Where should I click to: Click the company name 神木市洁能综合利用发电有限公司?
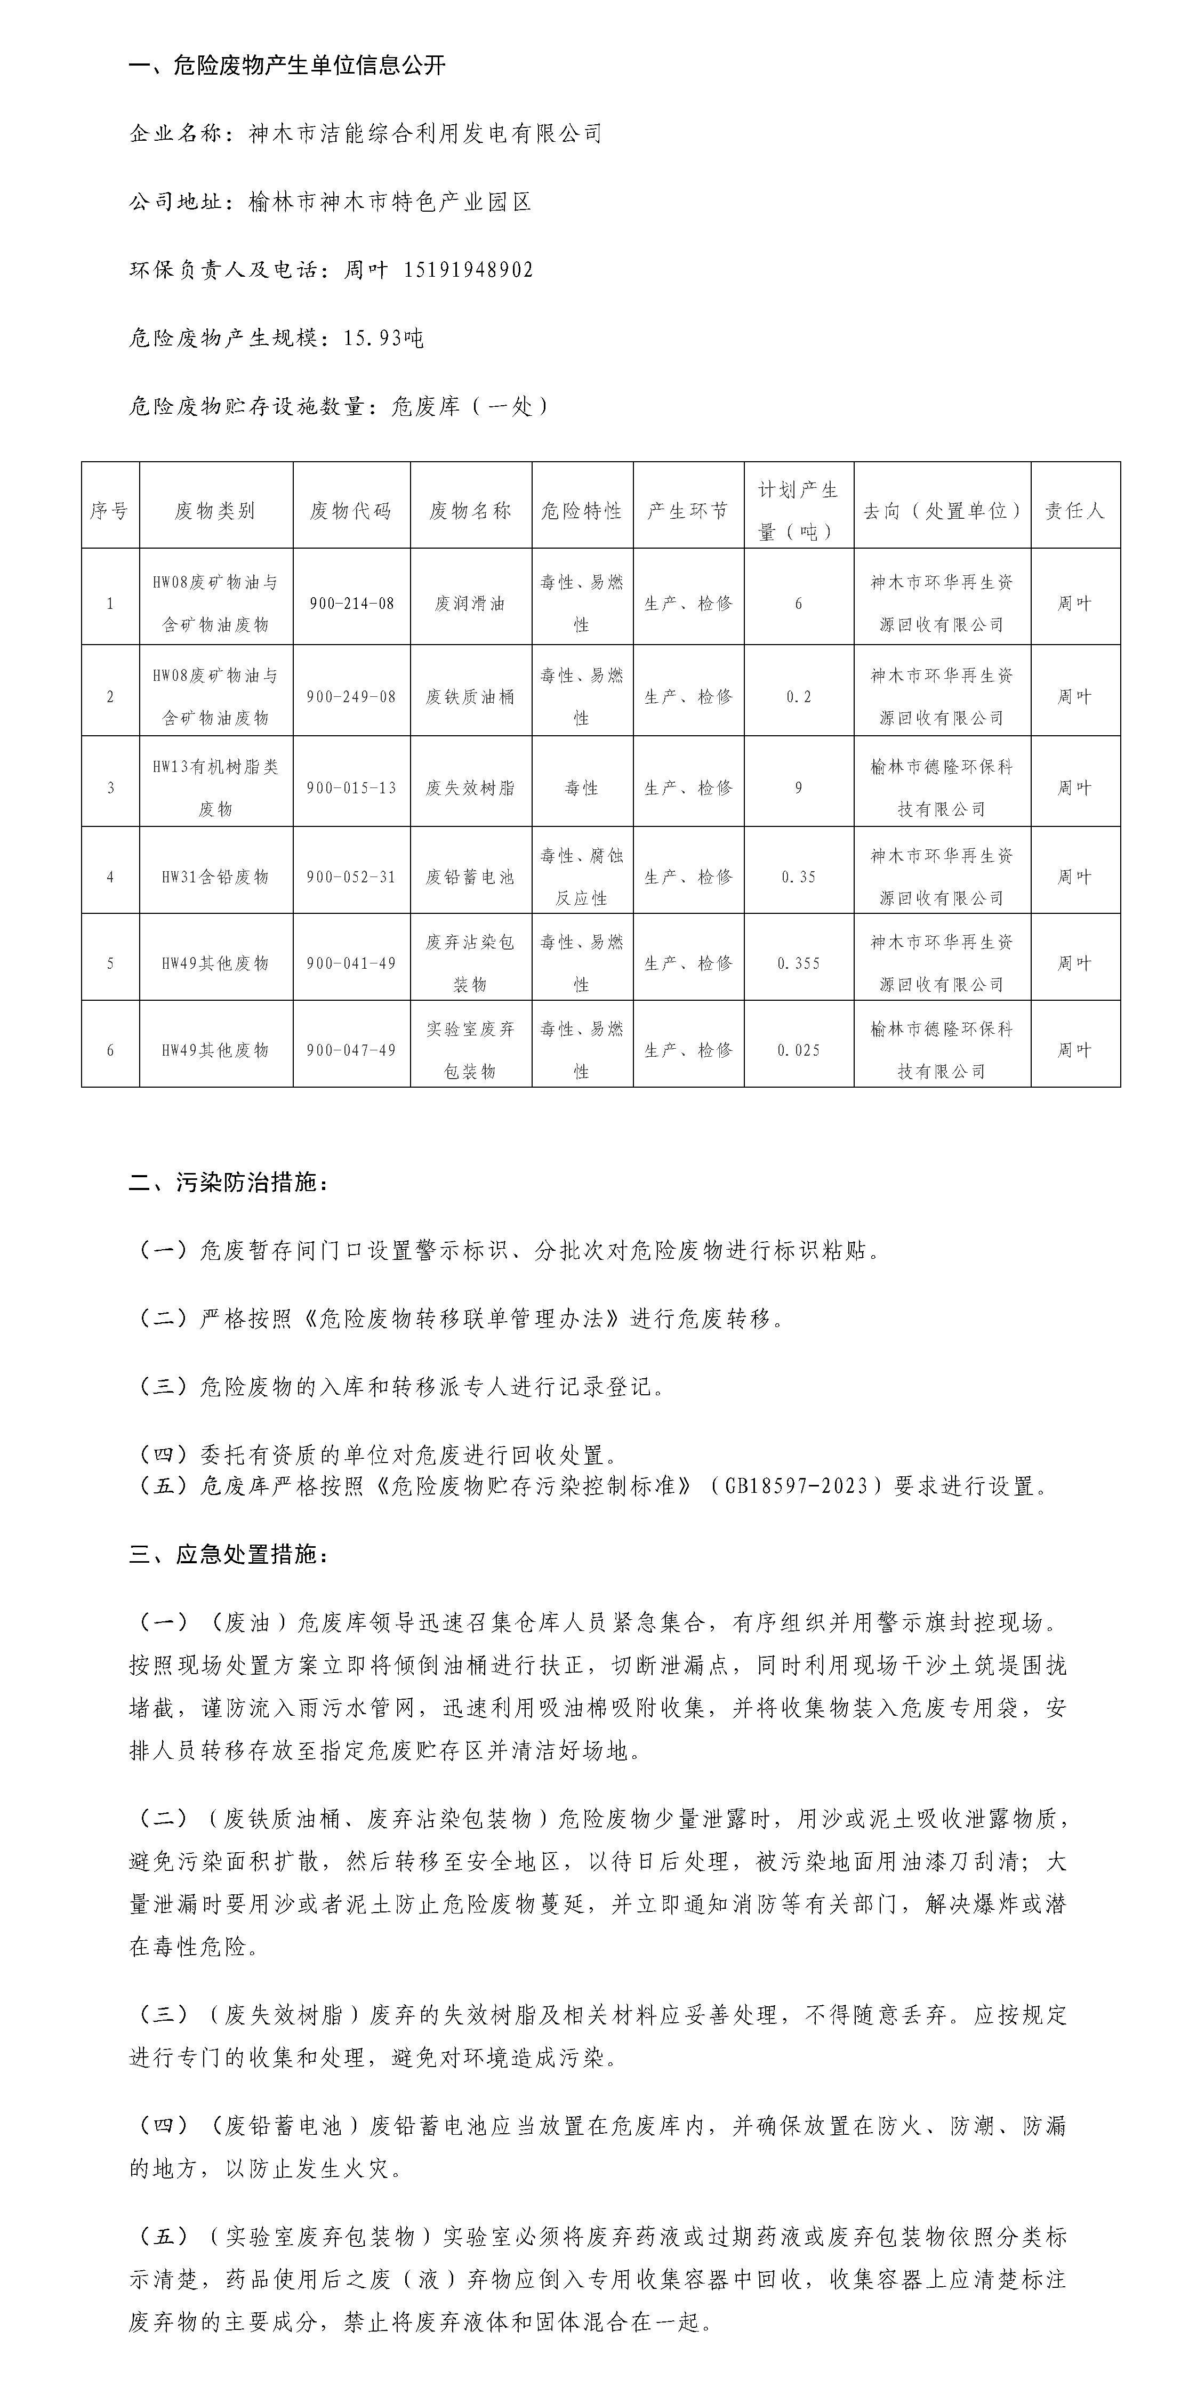(x=425, y=133)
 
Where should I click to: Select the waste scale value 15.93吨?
(x=383, y=338)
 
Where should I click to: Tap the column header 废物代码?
(x=351, y=511)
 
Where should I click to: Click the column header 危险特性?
(x=582, y=511)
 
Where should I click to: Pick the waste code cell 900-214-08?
(x=351, y=603)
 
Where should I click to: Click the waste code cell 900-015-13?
(x=351, y=787)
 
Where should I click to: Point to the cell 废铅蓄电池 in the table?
(x=470, y=877)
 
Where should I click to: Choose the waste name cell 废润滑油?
(x=470, y=603)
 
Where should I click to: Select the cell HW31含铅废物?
(x=215, y=877)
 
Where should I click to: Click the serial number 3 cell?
(x=110, y=787)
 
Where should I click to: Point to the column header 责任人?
(x=1075, y=511)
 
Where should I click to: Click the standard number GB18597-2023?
(x=797, y=1486)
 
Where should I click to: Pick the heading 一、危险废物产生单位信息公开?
(x=287, y=65)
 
